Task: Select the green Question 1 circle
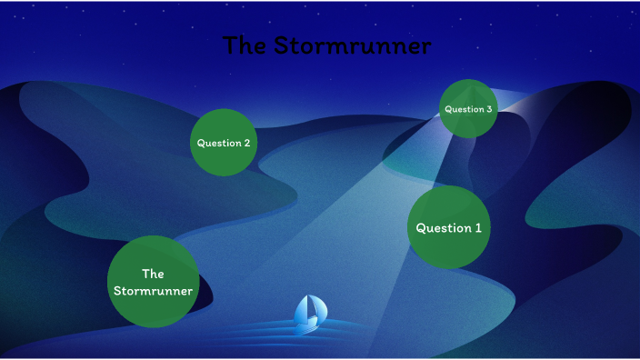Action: pyautogui.click(x=449, y=227)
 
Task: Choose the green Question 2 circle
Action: pyautogui.click(x=224, y=143)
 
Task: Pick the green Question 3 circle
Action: pyautogui.click(x=468, y=109)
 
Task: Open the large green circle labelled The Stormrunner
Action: pyautogui.click(x=153, y=282)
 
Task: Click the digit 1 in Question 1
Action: pyautogui.click(x=477, y=228)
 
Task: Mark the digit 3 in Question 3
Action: pyautogui.click(x=489, y=109)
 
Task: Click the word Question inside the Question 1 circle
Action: pyautogui.click(x=443, y=228)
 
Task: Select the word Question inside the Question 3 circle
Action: pyautogui.click(x=464, y=109)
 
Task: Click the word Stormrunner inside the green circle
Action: pyautogui.click(x=153, y=291)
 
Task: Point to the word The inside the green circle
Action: pyautogui.click(x=153, y=274)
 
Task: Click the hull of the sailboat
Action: pyautogui.click(x=308, y=325)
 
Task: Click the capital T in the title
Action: pyautogui.click(x=231, y=45)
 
